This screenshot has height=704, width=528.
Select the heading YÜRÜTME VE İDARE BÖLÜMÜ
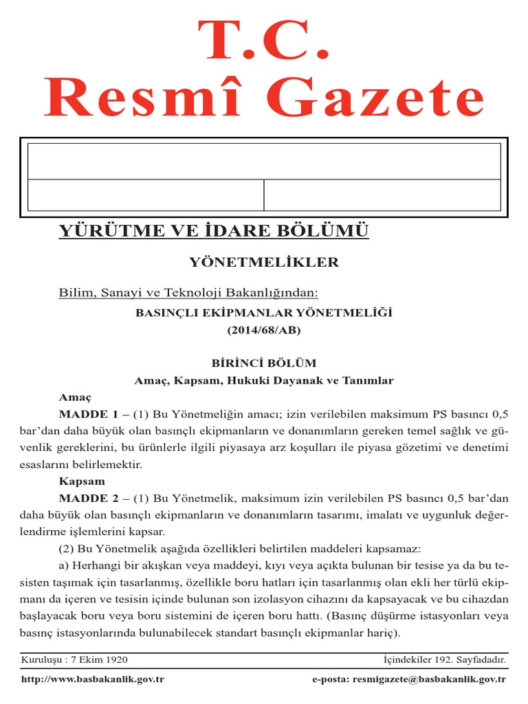(x=214, y=230)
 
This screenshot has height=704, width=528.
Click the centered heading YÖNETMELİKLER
(x=264, y=262)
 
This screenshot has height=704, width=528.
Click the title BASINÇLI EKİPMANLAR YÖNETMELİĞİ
(x=264, y=313)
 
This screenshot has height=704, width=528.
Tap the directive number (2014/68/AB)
(x=264, y=330)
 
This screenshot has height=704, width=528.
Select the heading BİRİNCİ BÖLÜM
(x=264, y=363)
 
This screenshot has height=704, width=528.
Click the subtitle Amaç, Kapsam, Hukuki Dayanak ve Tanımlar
(x=264, y=380)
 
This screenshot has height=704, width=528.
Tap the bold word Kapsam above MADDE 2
(x=81, y=481)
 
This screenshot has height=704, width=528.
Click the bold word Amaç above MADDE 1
(x=75, y=397)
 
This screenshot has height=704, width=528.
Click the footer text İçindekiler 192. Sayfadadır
(x=444, y=660)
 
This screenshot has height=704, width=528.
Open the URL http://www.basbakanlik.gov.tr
(x=93, y=680)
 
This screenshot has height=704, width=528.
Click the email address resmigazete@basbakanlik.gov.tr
(x=429, y=680)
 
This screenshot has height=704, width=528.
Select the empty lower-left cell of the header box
(x=146, y=195)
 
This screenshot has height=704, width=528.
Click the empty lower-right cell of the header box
(x=382, y=195)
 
